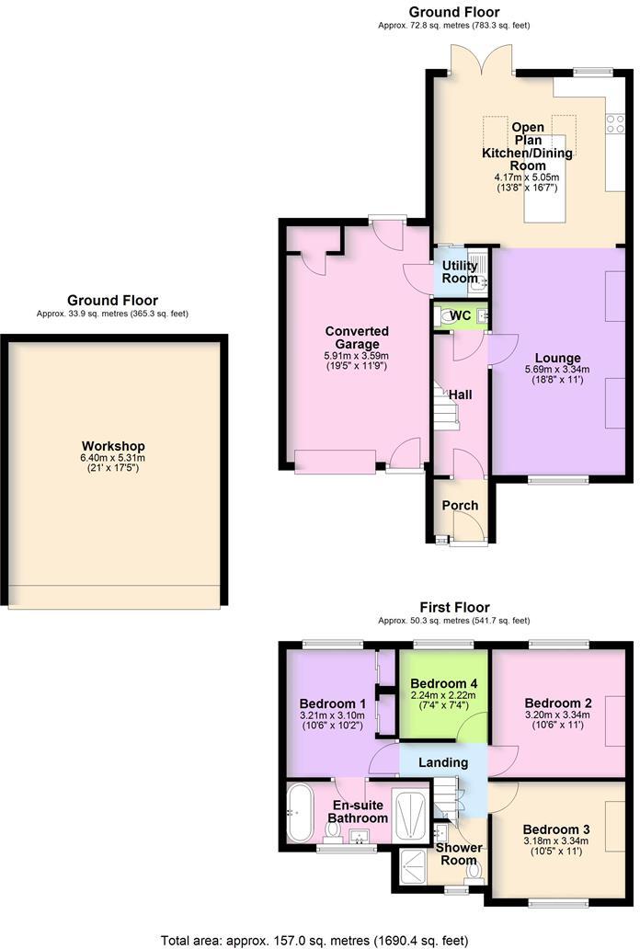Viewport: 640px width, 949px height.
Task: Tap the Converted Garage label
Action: tap(357, 337)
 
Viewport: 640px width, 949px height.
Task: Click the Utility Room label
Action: tap(460, 272)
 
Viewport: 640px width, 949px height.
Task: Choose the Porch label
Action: tap(460, 505)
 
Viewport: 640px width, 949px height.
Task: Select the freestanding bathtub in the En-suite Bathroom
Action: tap(299, 812)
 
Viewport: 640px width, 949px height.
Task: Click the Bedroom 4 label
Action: tap(443, 684)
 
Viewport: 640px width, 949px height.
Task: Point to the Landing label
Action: tap(443, 762)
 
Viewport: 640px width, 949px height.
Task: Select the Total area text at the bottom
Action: tap(314, 940)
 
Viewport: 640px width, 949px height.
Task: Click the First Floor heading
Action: tap(454, 607)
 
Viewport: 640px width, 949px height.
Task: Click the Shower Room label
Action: tap(458, 854)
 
